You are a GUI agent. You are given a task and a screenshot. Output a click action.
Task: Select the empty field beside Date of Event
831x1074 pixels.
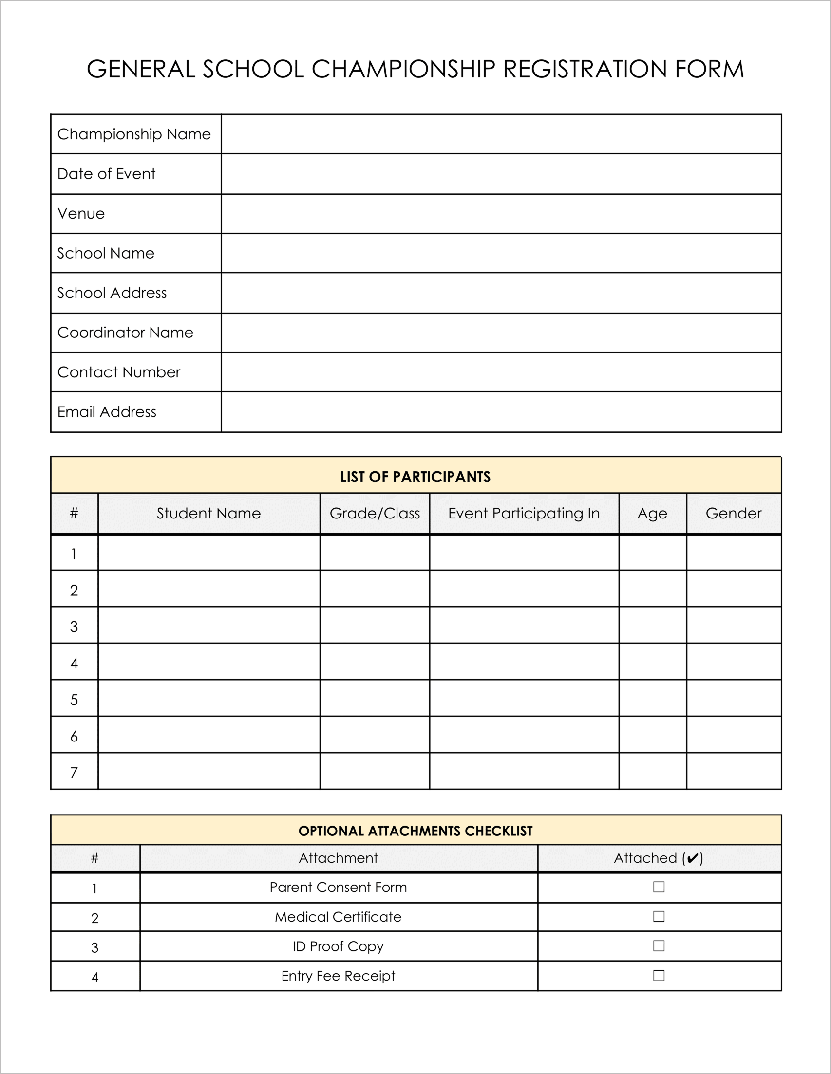point(501,174)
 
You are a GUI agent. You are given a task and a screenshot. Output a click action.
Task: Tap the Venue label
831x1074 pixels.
point(81,213)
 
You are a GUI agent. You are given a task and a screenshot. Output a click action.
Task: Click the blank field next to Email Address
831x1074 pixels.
point(501,411)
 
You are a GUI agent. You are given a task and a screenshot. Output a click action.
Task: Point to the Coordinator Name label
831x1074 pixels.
point(125,333)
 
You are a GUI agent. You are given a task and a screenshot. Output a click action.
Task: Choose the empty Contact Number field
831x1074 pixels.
point(501,372)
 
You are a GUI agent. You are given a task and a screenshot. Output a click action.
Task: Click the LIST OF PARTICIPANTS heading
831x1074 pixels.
point(415,477)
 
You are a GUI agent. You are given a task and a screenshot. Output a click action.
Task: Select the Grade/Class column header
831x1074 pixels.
point(375,514)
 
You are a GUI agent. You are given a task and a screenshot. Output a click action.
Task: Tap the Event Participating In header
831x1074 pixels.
point(524,514)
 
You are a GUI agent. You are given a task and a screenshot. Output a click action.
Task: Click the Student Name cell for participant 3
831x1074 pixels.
point(208,625)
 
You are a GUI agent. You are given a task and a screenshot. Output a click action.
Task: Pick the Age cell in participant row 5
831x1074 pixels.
point(652,698)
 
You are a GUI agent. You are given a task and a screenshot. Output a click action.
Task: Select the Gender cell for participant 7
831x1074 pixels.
point(734,771)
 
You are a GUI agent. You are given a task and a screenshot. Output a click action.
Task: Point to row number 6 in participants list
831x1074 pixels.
point(74,736)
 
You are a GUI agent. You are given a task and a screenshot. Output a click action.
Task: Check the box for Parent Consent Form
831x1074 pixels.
point(658,887)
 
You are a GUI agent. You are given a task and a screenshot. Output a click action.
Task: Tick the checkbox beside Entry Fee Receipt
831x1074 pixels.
point(658,976)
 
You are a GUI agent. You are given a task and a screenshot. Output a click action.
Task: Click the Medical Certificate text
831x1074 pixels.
point(338,917)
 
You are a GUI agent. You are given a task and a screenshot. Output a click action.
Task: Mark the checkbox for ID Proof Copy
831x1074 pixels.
point(658,946)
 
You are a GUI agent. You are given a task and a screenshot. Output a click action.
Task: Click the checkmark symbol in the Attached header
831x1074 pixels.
point(692,859)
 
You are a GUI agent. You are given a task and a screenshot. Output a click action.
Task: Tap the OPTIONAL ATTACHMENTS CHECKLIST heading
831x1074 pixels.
point(415,831)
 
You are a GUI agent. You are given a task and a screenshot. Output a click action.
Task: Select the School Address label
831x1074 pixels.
point(112,293)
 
